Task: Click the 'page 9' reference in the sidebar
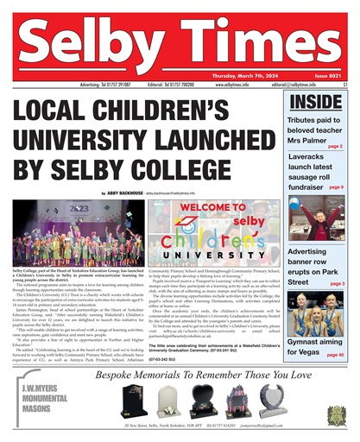tap(336, 186)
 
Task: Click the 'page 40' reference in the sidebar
tap(335, 355)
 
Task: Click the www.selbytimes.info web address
tap(231, 85)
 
